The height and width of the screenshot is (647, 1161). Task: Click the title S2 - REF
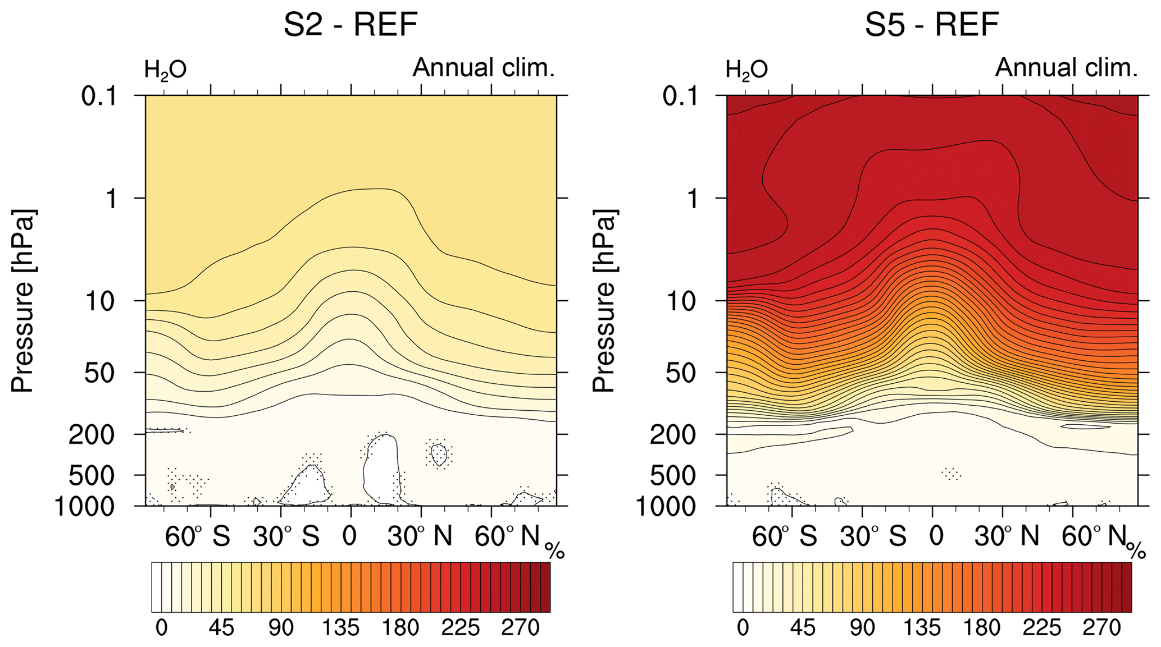(x=350, y=25)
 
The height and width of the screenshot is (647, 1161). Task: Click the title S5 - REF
(x=932, y=25)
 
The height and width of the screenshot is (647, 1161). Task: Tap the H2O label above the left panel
(x=165, y=70)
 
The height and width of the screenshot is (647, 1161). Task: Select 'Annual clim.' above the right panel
(x=1066, y=68)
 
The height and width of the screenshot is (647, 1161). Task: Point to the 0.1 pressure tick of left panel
(x=99, y=96)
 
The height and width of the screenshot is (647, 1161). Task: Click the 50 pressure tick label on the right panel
(x=681, y=373)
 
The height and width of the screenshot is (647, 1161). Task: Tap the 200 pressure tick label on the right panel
(x=673, y=435)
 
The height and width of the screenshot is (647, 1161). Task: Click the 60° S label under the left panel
(x=197, y=536)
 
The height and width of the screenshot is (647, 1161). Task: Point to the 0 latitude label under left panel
(x=349, y=536)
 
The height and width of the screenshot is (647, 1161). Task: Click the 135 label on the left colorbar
(x=340, y=627)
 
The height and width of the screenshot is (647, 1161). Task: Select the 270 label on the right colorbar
(x=1101, y=627)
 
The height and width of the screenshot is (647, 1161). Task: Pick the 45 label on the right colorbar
(x=803, y=627)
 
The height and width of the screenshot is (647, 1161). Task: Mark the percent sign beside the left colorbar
(x=554, y=551)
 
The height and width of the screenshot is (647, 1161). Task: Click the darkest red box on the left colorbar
(x=545, y=588)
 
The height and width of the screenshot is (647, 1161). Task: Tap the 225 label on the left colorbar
(x=461, y=627)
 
